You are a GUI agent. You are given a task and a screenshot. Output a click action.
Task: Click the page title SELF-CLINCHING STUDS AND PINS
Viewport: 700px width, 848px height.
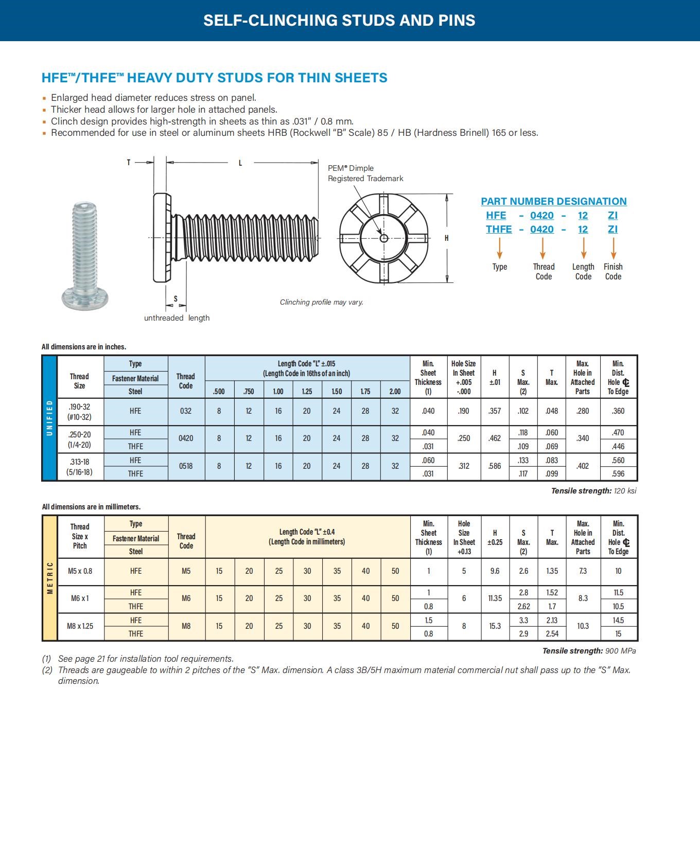[339, 20]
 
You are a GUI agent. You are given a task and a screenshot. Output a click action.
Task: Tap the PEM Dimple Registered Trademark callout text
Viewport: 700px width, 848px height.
[365, 173]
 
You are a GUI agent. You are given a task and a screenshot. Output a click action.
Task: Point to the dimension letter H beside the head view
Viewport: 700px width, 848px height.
[446, 238]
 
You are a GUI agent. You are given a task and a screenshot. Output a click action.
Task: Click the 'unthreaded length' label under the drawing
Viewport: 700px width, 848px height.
[177, 318]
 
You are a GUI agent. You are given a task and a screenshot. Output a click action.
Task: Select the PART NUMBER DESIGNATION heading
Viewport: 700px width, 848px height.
[554, 201]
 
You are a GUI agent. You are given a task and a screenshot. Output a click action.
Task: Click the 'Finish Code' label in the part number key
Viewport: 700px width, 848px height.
[613, 271]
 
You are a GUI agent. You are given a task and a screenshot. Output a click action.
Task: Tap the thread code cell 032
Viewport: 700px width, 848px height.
[186, 411]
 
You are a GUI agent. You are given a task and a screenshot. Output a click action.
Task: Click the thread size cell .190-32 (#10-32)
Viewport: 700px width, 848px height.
[79, 412]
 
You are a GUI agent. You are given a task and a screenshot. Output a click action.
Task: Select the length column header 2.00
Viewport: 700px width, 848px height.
[395, 391]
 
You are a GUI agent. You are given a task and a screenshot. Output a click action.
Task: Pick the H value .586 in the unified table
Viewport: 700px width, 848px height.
[495, 466]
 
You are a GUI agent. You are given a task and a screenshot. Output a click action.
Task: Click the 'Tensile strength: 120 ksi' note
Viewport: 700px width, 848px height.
[593, 491]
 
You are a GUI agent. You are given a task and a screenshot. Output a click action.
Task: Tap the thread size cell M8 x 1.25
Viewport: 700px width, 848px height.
[80, 626]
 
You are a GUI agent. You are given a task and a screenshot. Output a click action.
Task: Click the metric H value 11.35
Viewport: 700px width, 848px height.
[495, 598]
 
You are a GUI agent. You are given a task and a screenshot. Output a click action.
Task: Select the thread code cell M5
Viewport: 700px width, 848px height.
[186, 571]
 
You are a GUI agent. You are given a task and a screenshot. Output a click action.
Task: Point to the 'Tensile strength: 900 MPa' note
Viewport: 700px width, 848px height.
[589, 651]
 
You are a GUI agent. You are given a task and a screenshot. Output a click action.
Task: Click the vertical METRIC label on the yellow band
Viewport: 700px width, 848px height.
[50, 578]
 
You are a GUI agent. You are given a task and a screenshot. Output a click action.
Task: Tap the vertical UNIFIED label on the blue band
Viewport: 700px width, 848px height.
[49, 418]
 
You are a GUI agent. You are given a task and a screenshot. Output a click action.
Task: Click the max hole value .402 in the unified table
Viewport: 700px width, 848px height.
[583, 466]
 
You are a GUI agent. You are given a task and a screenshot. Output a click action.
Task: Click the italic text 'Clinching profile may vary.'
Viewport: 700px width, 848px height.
[322, 302]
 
